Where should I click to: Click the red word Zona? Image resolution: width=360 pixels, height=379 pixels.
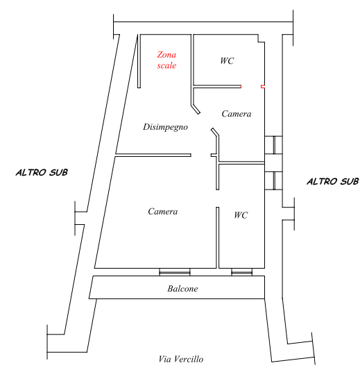(x=166, y=55)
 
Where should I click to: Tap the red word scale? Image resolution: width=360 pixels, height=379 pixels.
(x=166, y=65)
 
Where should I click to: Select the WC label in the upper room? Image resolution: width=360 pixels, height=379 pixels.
(x=227, y=60)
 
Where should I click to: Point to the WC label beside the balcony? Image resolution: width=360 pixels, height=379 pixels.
(x=241, y=215)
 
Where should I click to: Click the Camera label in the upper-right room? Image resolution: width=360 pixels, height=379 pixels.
(x=237, y=114)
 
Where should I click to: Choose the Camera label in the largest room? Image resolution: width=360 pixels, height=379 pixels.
(x=162, y=211)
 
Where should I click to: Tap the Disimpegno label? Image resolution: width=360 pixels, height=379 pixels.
(x=165, y=127)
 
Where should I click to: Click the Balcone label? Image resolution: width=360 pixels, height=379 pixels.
(x=182, y=288)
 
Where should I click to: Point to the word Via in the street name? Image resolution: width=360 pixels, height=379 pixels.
(x=164, y=359)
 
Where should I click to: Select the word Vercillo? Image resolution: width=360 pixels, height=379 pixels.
(x=189, y=359)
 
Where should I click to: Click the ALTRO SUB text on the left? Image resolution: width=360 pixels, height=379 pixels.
(x=42, y=172)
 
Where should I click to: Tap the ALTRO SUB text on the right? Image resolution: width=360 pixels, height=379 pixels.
(x=333, y=181)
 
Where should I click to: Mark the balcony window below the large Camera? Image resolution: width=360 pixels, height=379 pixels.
(x=175, y=272)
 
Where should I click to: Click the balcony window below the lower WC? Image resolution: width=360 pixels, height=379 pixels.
(x=241, y=272)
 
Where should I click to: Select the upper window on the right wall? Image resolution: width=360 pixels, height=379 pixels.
(x=273, y=145)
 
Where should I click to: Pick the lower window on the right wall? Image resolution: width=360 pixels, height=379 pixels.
(x=273, y=180)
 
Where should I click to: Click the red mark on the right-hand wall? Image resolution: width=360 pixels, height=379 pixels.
(x=263, y=87)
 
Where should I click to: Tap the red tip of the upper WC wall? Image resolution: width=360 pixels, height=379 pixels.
(x=241, y=87)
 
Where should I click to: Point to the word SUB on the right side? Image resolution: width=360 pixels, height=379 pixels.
(x=350, y=181)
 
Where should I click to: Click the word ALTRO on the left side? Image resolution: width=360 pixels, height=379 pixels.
(x=31, y=172)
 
